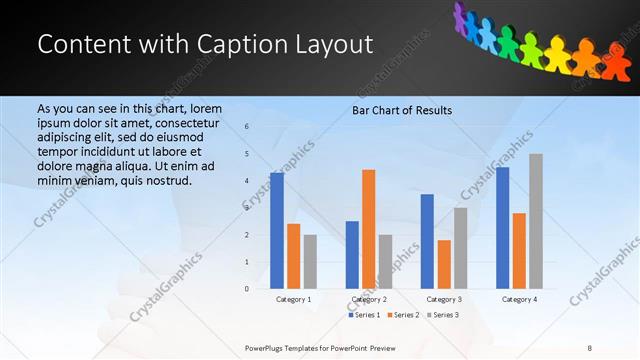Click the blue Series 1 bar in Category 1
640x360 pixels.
click(277, 231)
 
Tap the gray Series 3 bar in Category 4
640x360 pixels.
click(536, 221)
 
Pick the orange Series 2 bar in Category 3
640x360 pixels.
click(444, 264)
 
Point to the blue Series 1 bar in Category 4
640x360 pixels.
click(503, 228)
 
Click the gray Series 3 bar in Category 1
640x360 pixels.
click(310, 262)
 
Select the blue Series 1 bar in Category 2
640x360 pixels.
click(352, 255)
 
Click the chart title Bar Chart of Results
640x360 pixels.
click(402, 110)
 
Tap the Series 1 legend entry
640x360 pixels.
click(364, 315)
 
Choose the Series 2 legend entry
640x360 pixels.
click(403, 315)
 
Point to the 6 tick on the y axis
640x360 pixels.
click(247, 127)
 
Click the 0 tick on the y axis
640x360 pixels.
click(247, 289)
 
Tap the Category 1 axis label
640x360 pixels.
click(293, 299)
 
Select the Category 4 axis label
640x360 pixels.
click(519, 299)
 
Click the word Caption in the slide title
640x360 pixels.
click(239, 45)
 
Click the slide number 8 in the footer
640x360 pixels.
click(589, 347)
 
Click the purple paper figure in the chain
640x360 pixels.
click(462, 15)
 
